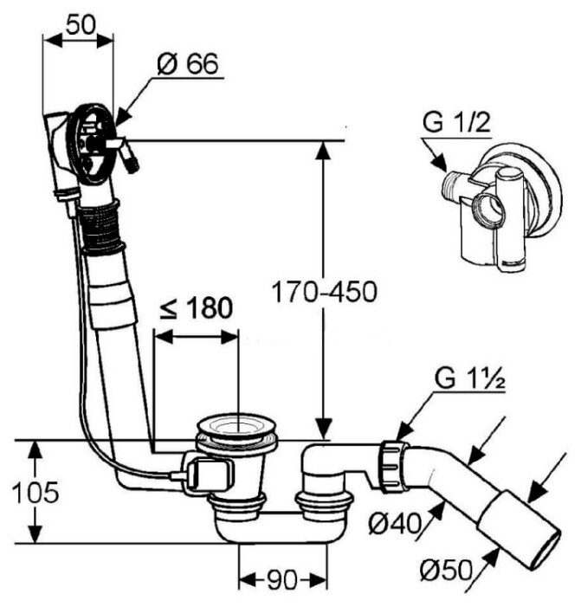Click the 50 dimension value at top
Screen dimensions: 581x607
coord(81,25)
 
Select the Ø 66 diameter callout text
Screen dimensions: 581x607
coord(188,63)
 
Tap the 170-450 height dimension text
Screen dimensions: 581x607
coord(325,292)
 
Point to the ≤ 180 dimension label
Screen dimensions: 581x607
coord(197,308)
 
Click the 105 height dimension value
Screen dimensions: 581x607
coord(36,493)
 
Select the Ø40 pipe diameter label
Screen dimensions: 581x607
coord(395,524)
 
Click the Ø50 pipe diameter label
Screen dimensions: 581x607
coord(447,570)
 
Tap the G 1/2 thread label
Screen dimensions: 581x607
coord(457,123)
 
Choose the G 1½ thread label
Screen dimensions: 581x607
coord(469,379)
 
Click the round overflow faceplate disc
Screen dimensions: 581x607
coord(92,143)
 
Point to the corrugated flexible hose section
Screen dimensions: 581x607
coord(100,227)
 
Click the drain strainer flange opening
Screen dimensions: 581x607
coord(236,427)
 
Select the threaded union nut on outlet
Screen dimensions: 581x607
coord(394,466)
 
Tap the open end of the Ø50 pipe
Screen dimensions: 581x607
coord(545,549)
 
